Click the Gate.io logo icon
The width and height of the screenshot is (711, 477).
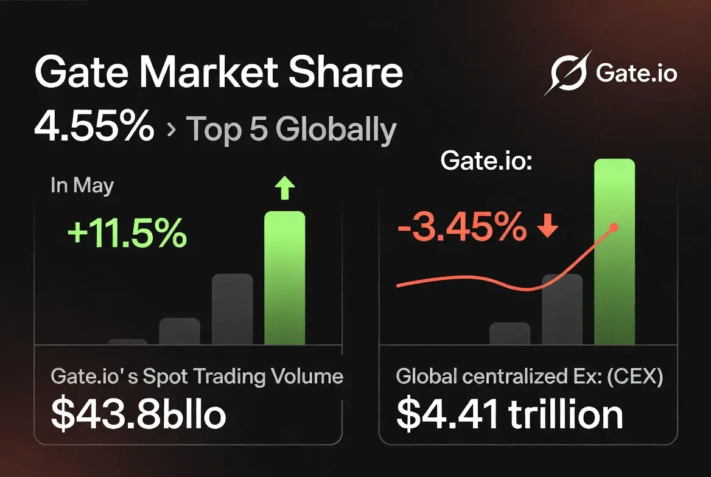[x=569, y=73]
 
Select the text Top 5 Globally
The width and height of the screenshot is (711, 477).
[x=291, y=130]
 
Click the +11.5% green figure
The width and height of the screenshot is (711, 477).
[x=127, y=233]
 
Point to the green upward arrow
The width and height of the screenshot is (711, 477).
[x=285, y=188]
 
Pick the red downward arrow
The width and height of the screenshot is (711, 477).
[x=547, y=226]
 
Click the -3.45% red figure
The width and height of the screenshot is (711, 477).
[x=462, y=226]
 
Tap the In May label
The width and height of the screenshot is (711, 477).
[x=82, y=186]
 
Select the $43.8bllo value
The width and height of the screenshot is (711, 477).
[x=138, y=414]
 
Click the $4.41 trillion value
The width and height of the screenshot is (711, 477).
[x=510, y=414]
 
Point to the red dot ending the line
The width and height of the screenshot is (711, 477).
[x=614, y=227]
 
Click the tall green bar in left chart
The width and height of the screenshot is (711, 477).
[x=285, y=278]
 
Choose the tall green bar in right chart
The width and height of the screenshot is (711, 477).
[x=614, y=252]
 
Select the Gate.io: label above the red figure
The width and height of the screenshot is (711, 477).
[x=486, y=161]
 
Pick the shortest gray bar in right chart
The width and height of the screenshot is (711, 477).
[x=510, y=334]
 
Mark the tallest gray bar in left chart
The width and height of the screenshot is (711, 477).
[x=232, y=309]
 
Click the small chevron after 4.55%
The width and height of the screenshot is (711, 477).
[x=172, y=130]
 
